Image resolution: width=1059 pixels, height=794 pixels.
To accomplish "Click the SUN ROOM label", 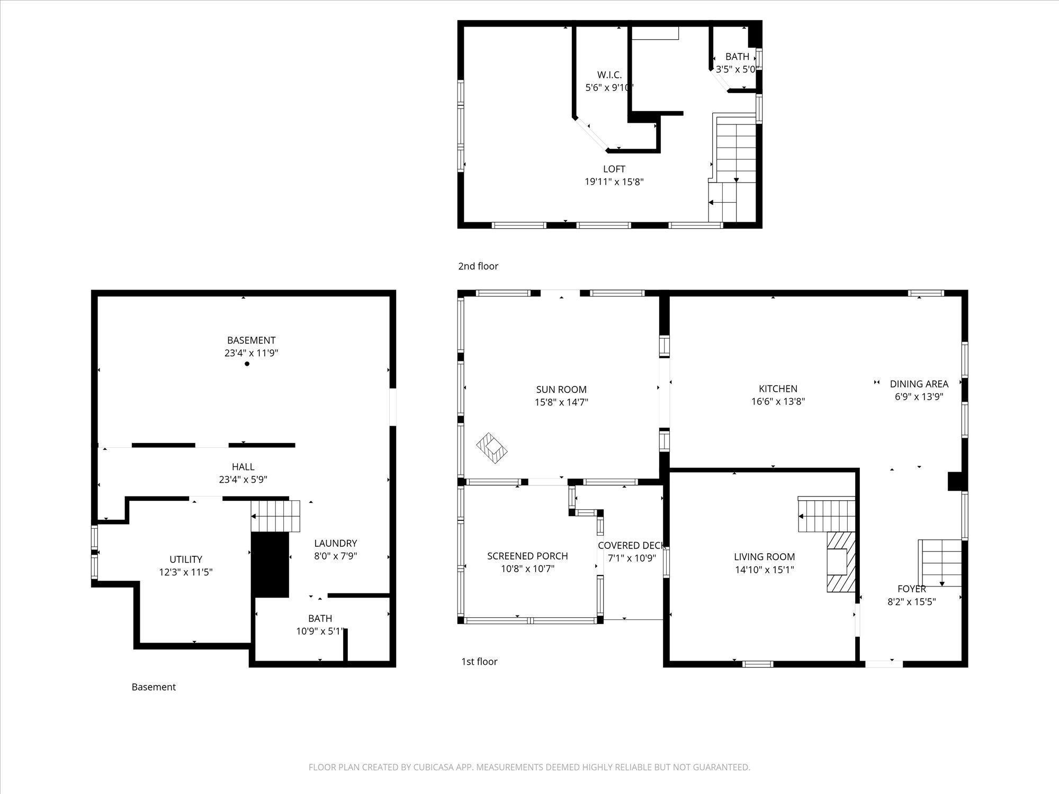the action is [x=561, y=390].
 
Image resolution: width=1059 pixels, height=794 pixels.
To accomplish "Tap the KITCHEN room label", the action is [x=778, y=389].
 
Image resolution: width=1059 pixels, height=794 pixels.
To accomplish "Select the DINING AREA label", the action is [x=919, y=384].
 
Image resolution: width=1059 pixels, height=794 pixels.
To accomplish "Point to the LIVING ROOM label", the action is [x=764, y=556].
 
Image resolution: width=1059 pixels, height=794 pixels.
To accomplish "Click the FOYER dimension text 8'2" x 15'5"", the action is [x=912, y=601].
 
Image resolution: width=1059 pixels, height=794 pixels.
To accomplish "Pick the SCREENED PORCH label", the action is [x=527, y=556].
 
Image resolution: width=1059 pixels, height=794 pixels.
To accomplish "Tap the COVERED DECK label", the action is [x=632, y=545].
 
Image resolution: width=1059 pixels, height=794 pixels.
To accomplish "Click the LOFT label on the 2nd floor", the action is [x=614, y=169].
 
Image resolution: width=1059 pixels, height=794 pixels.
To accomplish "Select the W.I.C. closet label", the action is [x=609, y=75].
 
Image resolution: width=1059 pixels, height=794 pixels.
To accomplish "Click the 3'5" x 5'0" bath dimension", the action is [x=738, y=69].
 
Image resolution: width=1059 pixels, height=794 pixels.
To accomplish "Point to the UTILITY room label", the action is [x=186, y=559].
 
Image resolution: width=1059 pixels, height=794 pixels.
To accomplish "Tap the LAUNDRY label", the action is [x=336, y=543].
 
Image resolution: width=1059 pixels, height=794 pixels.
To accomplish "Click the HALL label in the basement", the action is [x=243, y=466].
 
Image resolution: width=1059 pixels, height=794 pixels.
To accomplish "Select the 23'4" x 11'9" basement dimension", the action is [x=252, y=353].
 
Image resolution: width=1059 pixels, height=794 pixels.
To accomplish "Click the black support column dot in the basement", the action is [x=247, y=364].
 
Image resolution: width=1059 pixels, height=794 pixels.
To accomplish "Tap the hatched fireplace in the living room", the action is [x=841, y=561].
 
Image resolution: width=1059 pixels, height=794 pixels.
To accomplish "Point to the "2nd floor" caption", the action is [x=478, y=266].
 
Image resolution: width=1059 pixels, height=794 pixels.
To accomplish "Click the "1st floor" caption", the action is [x=479, y=661].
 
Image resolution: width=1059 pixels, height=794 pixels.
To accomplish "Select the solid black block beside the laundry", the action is [x=270, y=565].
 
